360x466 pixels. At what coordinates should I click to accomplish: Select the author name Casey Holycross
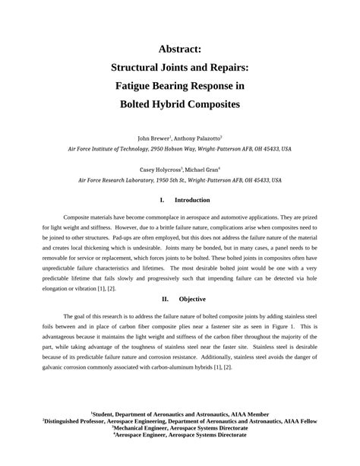point(159,170)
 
